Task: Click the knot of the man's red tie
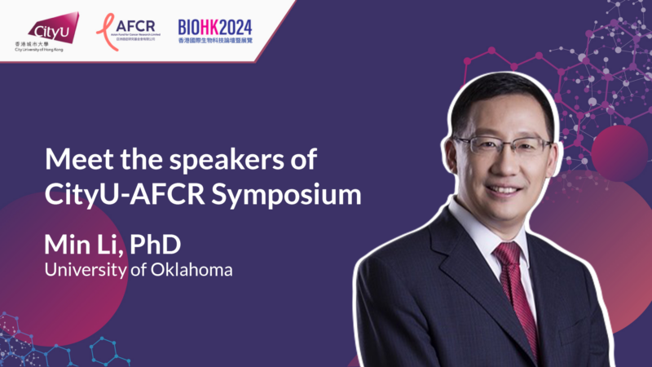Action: pos(508,255)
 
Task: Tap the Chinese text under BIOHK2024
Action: pos(214,39)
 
